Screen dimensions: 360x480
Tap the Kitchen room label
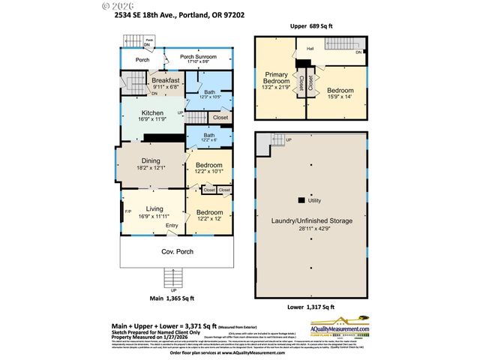(152, 113)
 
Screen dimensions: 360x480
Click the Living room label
(154, 208)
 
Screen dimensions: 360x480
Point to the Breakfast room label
(165, 80)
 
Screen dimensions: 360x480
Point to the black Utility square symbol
(301, 200)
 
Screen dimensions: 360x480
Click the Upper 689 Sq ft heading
(310, 25)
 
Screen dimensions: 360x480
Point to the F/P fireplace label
(128, 211)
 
